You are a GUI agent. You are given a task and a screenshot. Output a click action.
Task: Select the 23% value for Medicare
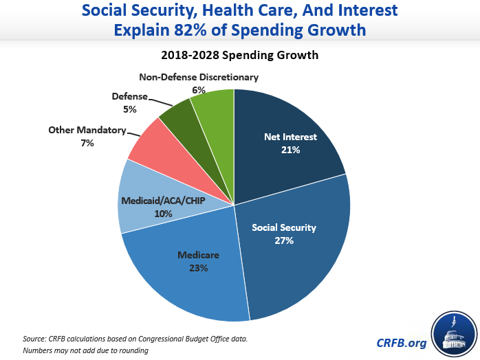click(x=198, y=268)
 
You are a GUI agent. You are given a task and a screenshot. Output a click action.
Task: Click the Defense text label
click(x=129, y=97)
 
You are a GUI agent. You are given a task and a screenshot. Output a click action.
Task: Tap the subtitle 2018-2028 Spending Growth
click(x=240, y=55)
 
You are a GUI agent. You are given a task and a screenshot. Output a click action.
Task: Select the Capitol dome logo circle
click(x=454, y=333)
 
